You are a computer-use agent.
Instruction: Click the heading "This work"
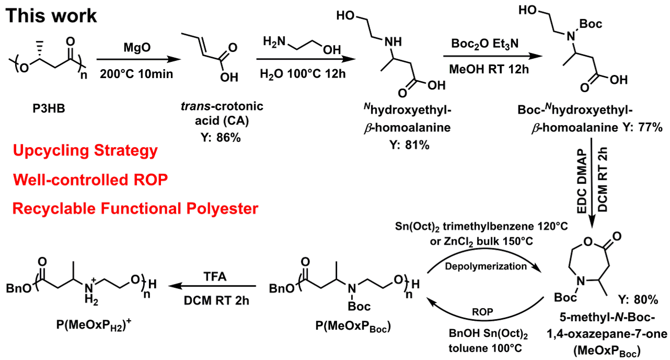click(x=51, y=16)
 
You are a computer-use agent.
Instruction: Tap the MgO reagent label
click(x=137, y=47)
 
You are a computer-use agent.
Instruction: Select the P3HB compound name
click(x=49, y=108)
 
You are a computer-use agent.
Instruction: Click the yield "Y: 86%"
click(x=221, y=137)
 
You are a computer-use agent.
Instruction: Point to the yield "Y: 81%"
click(x=409, y=145)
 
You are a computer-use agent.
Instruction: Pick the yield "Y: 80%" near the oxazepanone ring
click(x=639, y=299)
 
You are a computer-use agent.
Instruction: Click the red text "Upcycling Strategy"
click(x=85, y=150)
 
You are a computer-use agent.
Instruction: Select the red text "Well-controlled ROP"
click(x=90, y=180)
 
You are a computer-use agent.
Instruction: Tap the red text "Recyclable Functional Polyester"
click(x=135, y=209)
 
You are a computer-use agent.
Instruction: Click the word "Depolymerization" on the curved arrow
click(x=486, y=266)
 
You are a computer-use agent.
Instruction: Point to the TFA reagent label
click(x=215, y=277)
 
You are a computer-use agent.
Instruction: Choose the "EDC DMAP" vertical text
click(x=582, y=181)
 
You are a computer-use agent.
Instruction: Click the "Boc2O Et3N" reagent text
click(x=485, y=44)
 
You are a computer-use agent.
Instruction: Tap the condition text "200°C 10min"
click(x=136, y=73)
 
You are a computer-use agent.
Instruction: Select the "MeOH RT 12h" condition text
click(x=489, y=69)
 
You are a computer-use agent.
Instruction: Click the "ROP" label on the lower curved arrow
click(x=482, y=312)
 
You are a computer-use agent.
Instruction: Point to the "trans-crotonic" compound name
click(x=222, y=106)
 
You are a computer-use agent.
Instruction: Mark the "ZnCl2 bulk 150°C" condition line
click(x=482, y=242)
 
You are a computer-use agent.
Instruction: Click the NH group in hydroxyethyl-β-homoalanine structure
click(x=393, y=42)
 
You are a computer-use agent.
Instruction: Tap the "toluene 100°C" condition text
click(x=485, y=348)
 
